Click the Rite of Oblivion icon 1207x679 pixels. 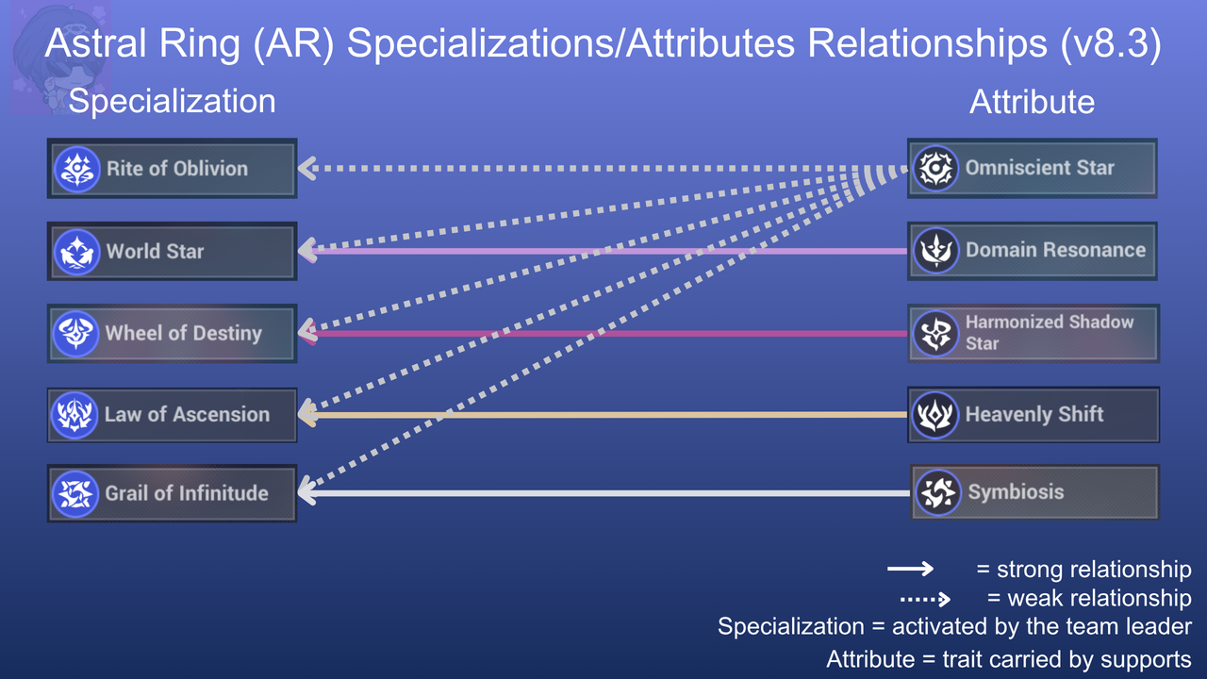pos(77,169)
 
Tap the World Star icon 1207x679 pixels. pos(77,252)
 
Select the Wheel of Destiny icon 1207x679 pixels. pos(76,334)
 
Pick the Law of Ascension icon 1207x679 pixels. pos(74,415)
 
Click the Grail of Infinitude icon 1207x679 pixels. pos(75,493)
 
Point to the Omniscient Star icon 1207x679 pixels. pos(936,168)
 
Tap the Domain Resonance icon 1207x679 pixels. pos(936,251)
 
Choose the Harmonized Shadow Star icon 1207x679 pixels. pos(936,334)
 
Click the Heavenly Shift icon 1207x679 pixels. pos(934,415)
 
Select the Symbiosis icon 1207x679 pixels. pos(938,492)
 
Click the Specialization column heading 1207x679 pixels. pos(172,101)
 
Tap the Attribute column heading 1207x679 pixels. pos(1032,101)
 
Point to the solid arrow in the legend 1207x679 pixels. pos(910,569)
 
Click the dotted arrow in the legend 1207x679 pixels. pos(925,599)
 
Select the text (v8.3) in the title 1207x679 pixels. pos(1111,43)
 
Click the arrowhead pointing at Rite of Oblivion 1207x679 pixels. pos(306,169)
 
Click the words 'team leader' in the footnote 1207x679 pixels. pos(1109,627)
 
